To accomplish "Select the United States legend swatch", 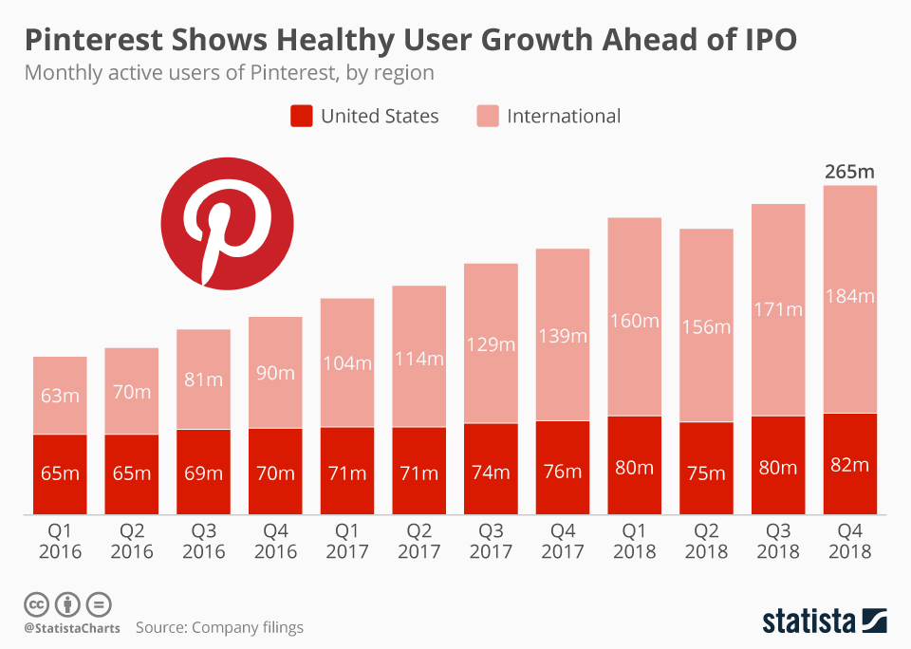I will coord(301,117).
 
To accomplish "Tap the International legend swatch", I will coord(487,117).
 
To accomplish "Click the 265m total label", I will coord(849,172).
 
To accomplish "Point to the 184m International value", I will coord(849,296).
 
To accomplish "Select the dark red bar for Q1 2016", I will coord(60,474).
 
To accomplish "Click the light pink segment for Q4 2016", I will coord(275,372).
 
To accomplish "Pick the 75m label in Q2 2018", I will coord(706,473).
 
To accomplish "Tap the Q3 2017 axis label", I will coord(491,541).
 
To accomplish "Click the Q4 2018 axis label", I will coord(849,541).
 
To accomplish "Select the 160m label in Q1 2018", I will coord(634,321).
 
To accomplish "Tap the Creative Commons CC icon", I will coord(36,603).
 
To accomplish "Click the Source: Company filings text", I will coord(219,627).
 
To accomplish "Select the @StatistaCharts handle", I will coord(72,628).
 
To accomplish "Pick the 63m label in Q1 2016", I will coord(60,396).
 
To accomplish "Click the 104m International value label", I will coord(347,362).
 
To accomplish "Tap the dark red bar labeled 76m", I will coord(563,468).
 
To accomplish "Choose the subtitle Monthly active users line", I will coord(229,72).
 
